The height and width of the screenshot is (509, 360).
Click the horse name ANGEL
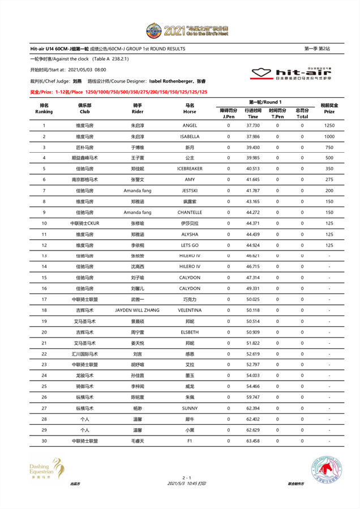[190, 126]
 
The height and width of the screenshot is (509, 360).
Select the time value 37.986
[253, 136]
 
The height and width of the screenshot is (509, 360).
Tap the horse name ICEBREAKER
[190, 169]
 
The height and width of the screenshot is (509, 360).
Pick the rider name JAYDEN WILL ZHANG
[137, 310]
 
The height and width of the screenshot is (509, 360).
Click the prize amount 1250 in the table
[329, 126]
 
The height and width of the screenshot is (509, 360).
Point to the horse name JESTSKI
[190, 191]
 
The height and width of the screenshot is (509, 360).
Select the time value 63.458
[253, 440]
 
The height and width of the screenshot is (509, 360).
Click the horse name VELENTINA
[190, 310]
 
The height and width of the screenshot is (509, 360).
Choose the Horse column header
[190, 108]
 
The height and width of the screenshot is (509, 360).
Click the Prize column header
[329, 108]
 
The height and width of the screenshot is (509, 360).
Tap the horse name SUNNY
[190, 407]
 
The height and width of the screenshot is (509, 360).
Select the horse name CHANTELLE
[190, 212]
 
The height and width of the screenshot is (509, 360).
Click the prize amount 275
[329, 180]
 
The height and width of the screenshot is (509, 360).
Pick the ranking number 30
[44, 440]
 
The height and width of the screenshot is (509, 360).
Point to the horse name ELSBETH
[190, 331]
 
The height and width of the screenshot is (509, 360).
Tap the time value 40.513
[253, 169]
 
